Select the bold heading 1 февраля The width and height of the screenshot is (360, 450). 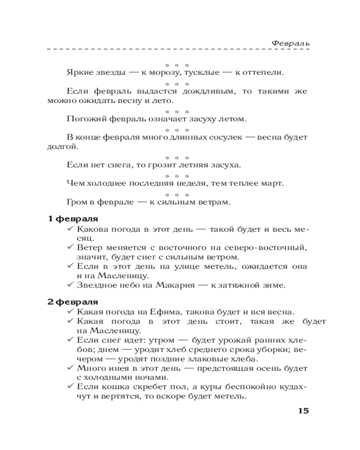73,219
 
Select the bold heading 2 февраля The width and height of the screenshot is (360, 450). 73,301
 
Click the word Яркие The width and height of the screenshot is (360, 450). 77,72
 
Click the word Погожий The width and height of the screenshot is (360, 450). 83,119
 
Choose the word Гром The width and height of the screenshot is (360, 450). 76,202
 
